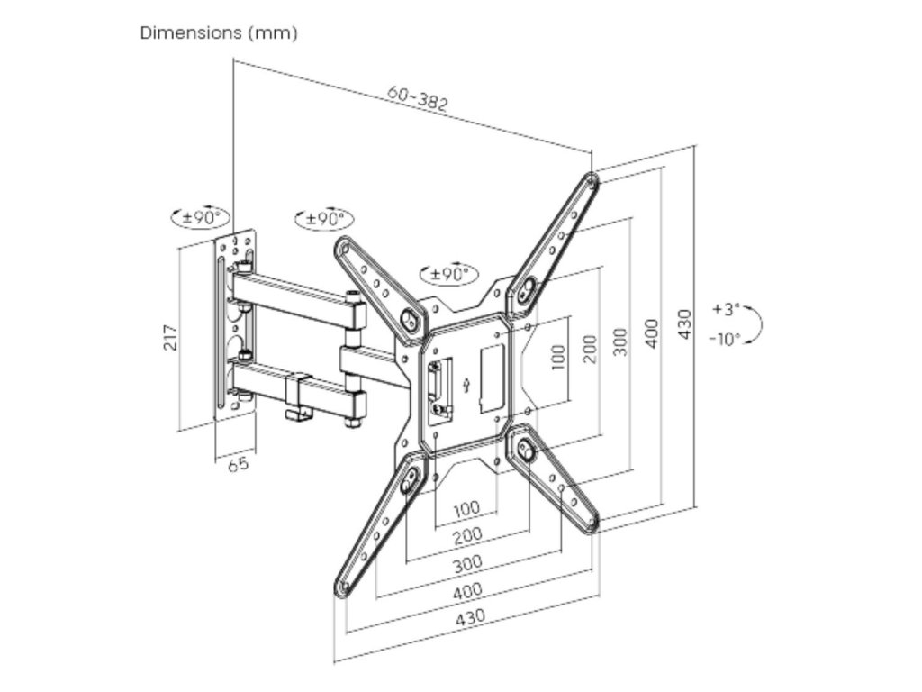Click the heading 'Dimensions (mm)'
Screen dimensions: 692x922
pyautogui.click(x=219, y=33)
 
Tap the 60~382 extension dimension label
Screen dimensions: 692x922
pyautogui.click(x=418, y=97)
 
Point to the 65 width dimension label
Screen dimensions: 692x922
pyautogui.click(x=238, y=464)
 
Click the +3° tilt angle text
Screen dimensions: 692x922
pyautogui.click(x=725, y=309)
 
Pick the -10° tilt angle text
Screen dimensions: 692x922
pyautogui.click(x=725, y=339)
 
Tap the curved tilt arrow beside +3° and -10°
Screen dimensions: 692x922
pyautogui.click(x=755, y=323)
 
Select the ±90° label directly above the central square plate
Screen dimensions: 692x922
pyautogui.click(x=447, y=273)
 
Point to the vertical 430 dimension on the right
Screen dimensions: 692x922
pyautogui.click(x=683, y=324)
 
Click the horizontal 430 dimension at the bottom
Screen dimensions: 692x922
pyautogui.click(x=468, y=617)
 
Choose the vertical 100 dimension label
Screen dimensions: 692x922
pyautogui.click(x=558, y=357)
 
